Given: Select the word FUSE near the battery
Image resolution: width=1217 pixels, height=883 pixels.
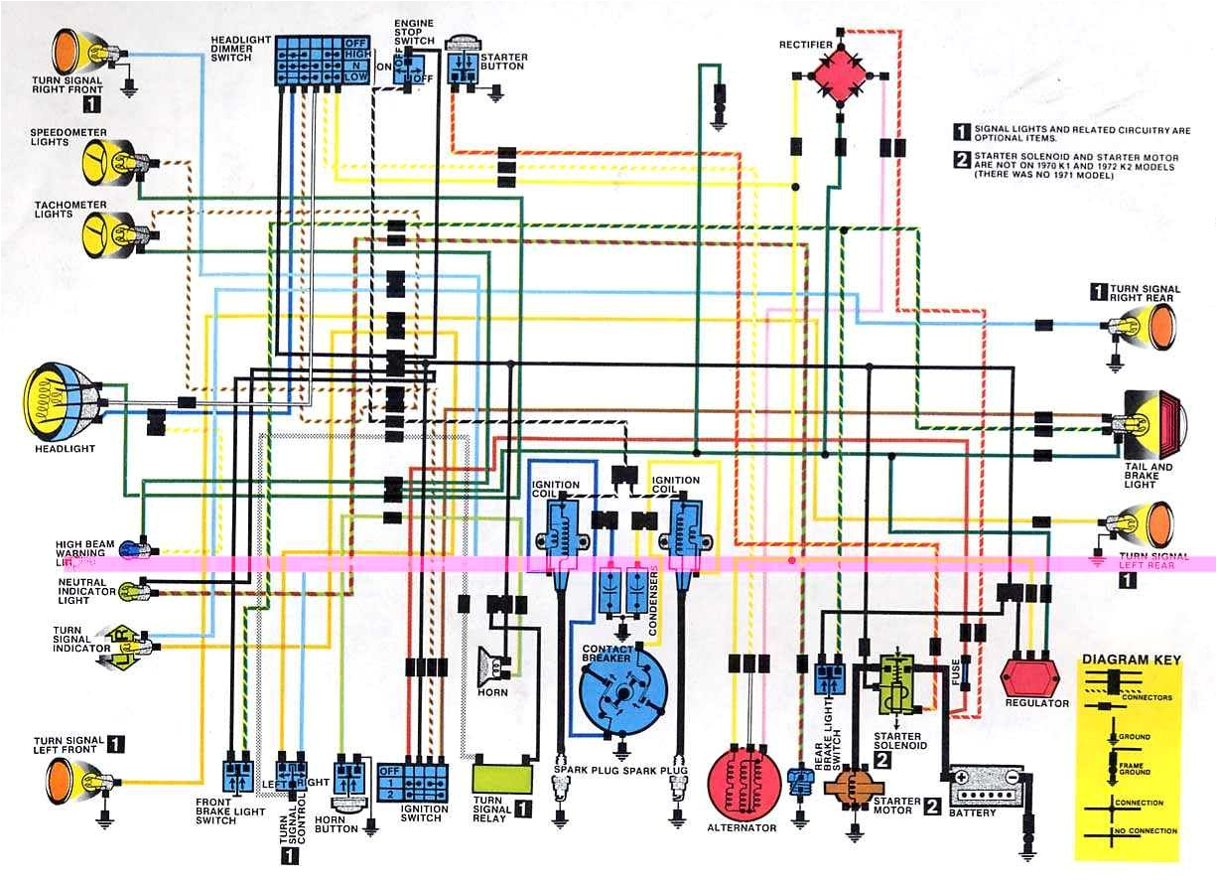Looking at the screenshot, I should (x=956, y=676).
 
